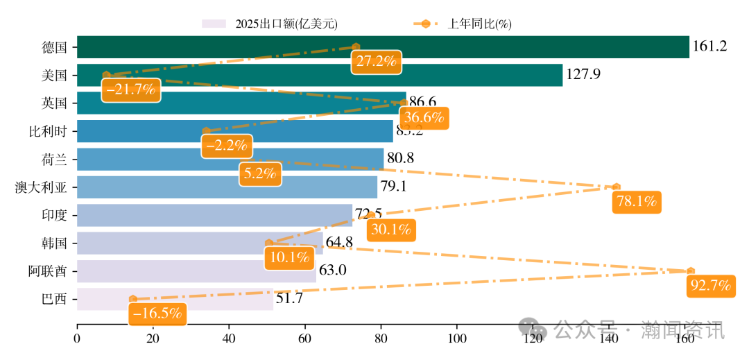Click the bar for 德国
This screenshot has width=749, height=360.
pyautogui.click(x=381, y=47)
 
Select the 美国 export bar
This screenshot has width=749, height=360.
pyautogui.click(x=319, y=75)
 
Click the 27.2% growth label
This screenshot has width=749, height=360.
pyautogui.click(x=376, y=61)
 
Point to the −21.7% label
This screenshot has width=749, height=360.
pyautogui.click(x=130, y=89)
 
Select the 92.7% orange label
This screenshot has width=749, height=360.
pyautogui.click(x=711, y=286)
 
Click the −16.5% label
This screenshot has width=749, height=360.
pyautogui.click(x=157, y=314)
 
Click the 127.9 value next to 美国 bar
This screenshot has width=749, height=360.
pyautogui.click(x=583, y=75)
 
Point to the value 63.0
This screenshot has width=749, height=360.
pyautogui.click(x=332, y=271)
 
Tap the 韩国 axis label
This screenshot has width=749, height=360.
pyautogui.click(x=54, y=243)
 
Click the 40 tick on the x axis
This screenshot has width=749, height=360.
pyautogui.click(x=229, y=339)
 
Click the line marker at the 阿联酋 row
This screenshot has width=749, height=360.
pyautogui.click(x=690, y=271)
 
